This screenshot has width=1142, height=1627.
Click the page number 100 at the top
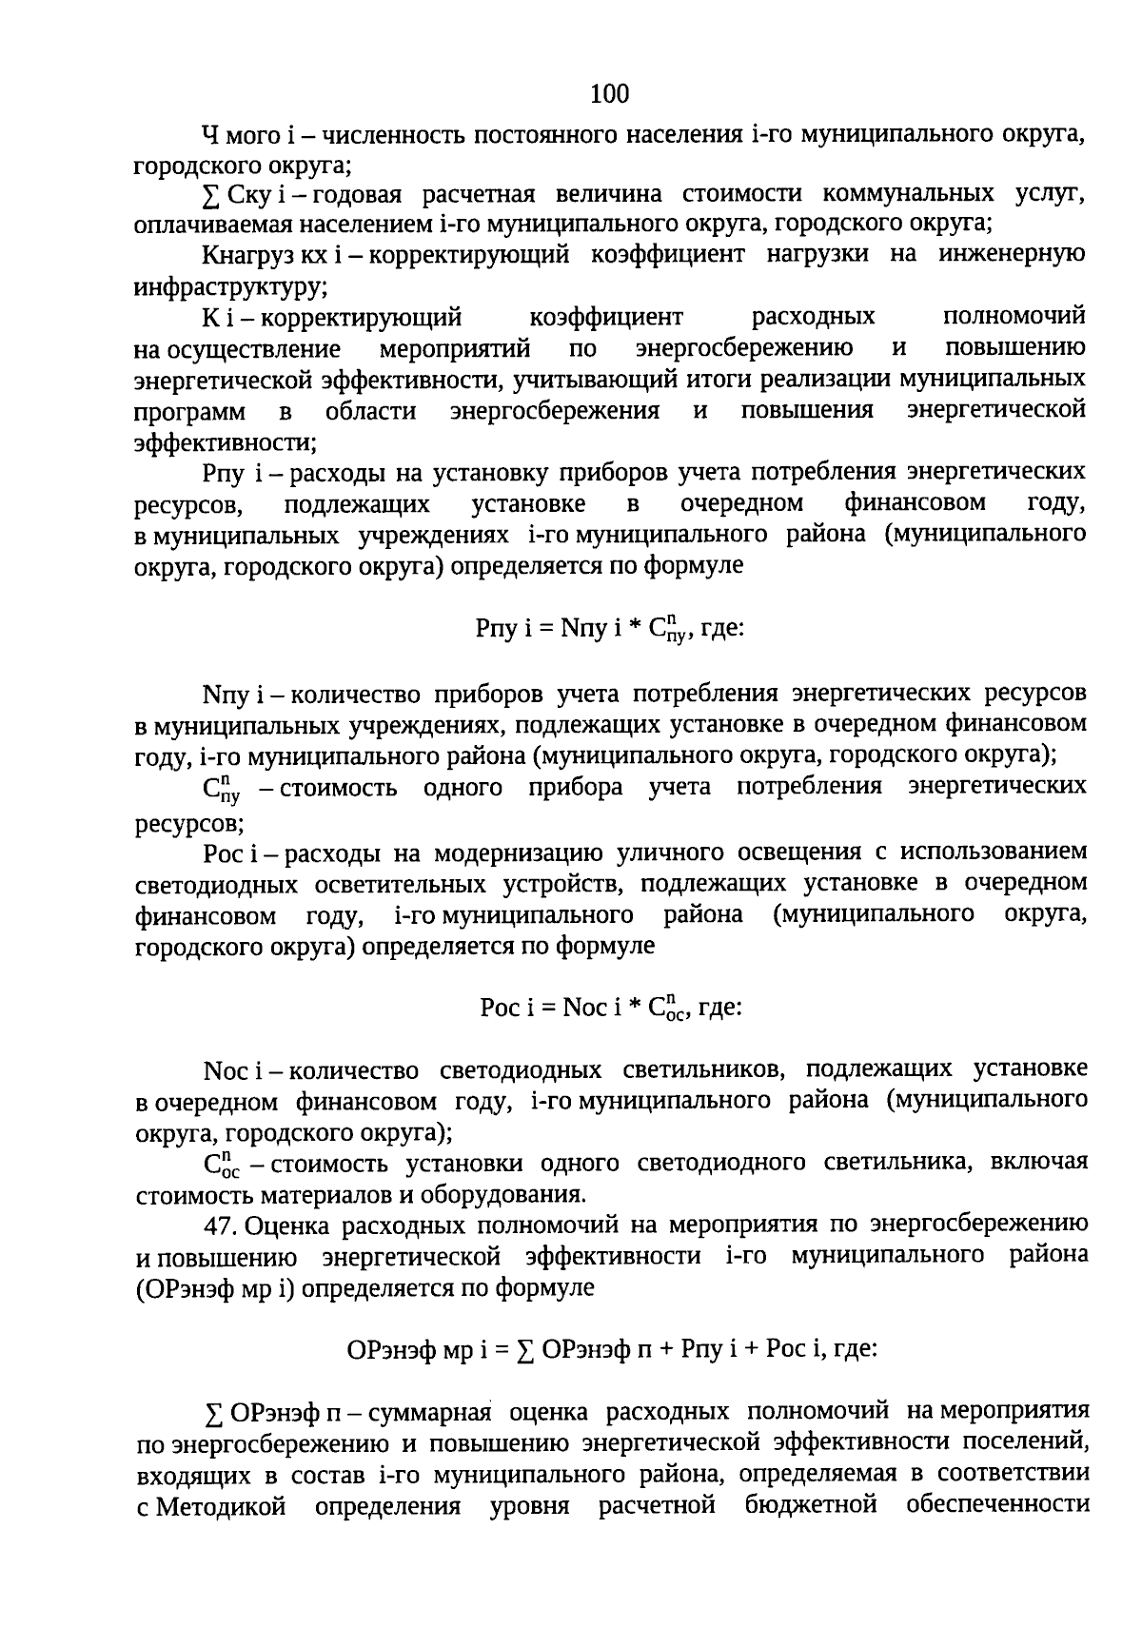coord(610,93)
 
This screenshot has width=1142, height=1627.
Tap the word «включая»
coord(1039,1163)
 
